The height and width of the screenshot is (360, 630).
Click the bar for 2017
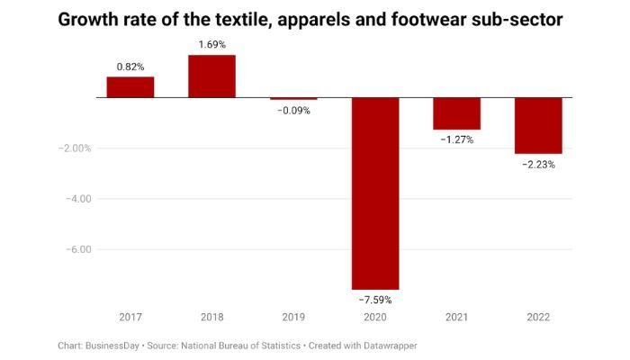click(130, 87)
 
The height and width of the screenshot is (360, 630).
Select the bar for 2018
click(211, 76)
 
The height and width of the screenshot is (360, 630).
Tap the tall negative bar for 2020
click(374, 193)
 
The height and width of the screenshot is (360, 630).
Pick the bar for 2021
click(456, 113)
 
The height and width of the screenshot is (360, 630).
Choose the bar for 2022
click(538, 126)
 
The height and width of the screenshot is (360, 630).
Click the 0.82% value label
click(130, 67)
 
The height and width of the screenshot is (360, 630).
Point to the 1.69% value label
click(211, 45)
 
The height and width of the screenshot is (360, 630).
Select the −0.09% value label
click(292, 111)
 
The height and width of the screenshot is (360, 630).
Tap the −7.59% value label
click(374, 300)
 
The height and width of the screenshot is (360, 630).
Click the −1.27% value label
click(456, 139)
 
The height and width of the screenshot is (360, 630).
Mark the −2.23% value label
click(538, 165)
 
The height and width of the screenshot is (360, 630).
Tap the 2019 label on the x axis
click(292, 317)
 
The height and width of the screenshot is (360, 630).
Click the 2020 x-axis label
click(374, 317)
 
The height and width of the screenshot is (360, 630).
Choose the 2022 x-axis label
click(538, 317)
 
